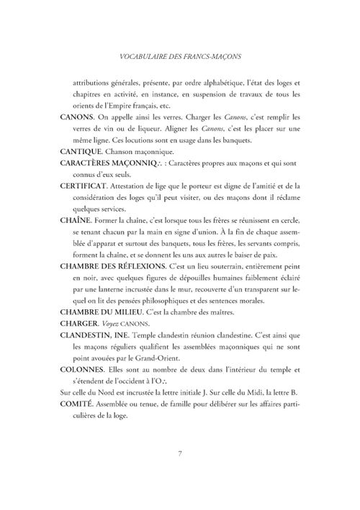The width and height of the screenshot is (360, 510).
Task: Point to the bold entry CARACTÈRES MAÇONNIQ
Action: (115, 163)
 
